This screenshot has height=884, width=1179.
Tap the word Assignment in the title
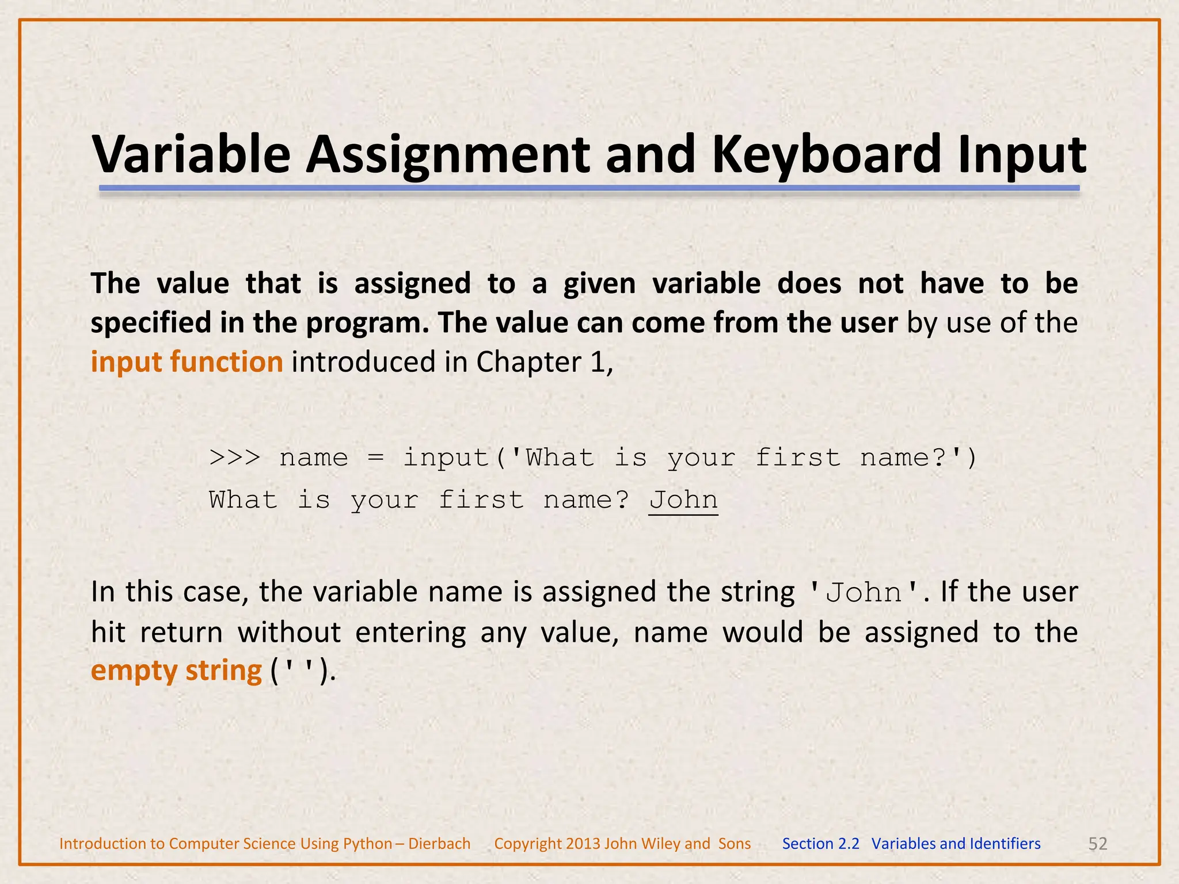[447, 154]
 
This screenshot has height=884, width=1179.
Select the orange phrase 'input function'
[187, 362]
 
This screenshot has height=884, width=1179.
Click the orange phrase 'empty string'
[176, 670]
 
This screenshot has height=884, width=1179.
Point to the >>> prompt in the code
[235, 458]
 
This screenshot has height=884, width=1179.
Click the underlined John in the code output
[683, 500]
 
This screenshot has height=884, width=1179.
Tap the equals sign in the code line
[375, 458]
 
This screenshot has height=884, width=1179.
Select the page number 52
[1097, 844]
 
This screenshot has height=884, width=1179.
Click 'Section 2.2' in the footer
[820, 844]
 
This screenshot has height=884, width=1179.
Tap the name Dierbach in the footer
[439, 844]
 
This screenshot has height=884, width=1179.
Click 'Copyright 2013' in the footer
[547, 844]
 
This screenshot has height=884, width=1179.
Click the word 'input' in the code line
[446, 458]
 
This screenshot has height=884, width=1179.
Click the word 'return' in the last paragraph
[181, 632]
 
